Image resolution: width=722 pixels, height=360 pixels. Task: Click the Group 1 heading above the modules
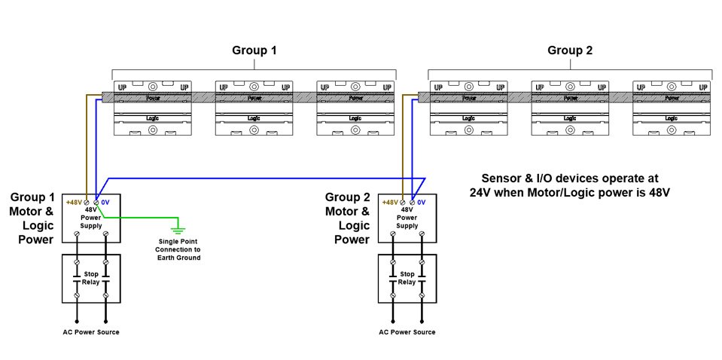(x=254, y=51)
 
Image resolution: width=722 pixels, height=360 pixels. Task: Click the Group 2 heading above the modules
(x=570, y=51)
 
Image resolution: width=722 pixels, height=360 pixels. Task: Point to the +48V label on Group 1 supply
(x=75, y=202)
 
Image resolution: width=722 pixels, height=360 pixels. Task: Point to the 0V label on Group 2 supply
(x=422, y=202)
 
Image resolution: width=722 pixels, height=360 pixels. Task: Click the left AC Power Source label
(x=90, y=332)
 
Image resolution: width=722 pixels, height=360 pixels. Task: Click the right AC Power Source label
(x=407, y=332)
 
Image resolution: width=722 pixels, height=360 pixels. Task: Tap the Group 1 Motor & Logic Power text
(x=32, y=218)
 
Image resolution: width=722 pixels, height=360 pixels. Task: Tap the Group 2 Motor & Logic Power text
(x=347, y=218)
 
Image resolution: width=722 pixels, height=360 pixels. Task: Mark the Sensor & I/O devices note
(x=570, y=185)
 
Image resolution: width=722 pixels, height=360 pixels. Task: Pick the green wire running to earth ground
(x=143, y=218)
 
